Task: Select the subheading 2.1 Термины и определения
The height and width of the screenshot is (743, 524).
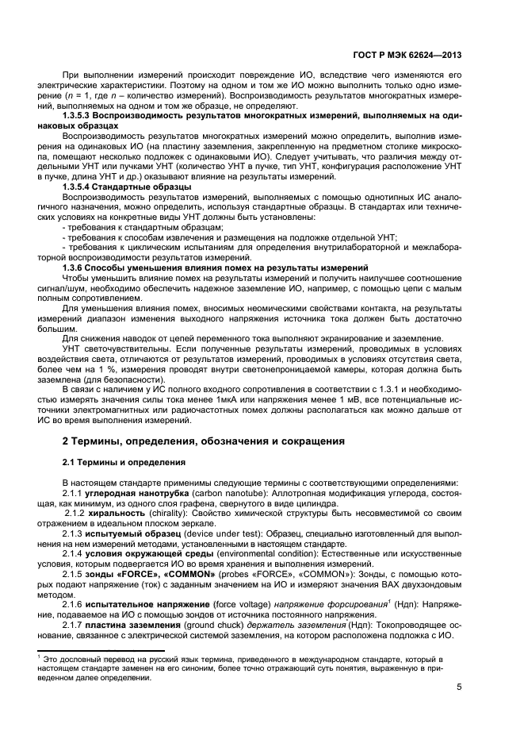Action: (x=124, y=462)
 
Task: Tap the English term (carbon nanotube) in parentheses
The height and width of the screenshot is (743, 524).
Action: (x=220, y=493)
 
